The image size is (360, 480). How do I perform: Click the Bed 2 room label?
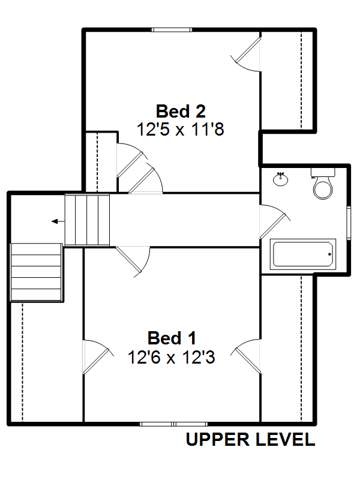[181, 111]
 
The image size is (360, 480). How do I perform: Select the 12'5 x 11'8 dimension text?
[181, 129]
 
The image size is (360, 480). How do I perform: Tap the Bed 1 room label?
[172, 338]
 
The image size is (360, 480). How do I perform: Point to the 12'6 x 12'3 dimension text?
[172, 357]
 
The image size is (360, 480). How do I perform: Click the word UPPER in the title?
[218, 440]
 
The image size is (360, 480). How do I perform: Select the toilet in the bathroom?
[323, 184]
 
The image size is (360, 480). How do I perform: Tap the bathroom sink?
[280, 179]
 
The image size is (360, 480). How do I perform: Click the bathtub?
[303, 254]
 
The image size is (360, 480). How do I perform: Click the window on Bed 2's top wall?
[172, 30]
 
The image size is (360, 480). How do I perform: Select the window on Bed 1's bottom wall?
[173, 424]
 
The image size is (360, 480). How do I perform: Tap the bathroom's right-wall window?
[349, 223]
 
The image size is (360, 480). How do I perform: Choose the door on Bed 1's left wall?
[98, 357]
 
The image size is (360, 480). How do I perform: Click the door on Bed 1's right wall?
[246, 356]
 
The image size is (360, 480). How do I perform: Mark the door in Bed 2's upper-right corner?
[246, 55]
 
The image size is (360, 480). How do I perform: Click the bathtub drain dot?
[329, 254]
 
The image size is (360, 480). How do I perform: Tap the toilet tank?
[323, 172]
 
